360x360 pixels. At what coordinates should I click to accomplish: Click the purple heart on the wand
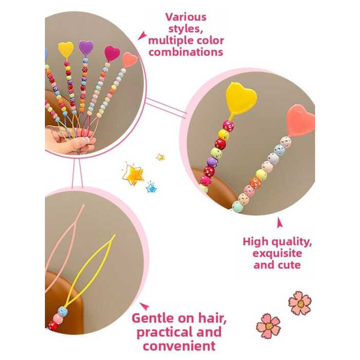coord(86,47)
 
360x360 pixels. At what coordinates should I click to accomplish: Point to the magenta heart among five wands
coord(112,54)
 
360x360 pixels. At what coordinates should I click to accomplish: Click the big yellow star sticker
coord(133,174)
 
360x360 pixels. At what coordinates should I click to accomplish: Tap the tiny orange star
coord(160,157)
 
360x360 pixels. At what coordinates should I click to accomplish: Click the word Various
coord(186,17)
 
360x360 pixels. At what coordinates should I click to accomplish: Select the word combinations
coord(186,52)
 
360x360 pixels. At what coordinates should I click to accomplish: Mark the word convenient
coord(176,346)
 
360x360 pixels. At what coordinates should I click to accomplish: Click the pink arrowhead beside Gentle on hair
coord(143,306)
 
